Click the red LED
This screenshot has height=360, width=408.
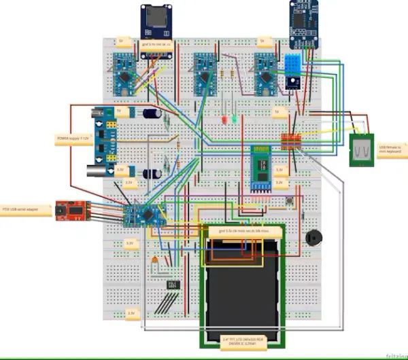(222, 120)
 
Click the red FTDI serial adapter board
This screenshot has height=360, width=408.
(69, 211)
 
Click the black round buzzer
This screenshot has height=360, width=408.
(312, 237)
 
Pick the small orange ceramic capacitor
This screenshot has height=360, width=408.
(156, 260)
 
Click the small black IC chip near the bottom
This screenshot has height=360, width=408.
(172, 284)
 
